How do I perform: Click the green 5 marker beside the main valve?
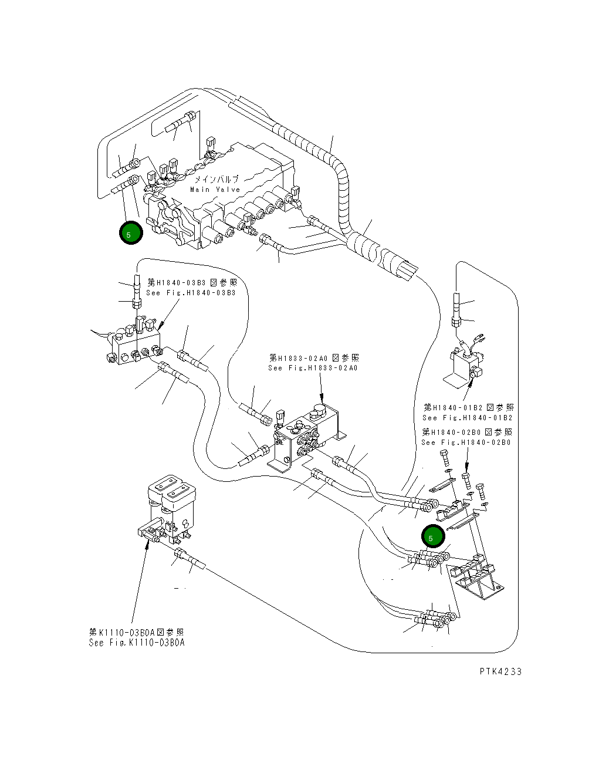click(x=131, y=233)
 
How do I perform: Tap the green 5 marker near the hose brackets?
click(x=433, y=536)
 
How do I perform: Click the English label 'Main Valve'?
click(x=215, y=190)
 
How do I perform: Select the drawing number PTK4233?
click(x=500, y=671)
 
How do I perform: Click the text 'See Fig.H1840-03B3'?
click(x=191, y=293)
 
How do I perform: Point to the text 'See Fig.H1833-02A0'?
click(x=313, y=368)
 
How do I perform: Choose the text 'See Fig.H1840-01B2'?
click(x=468, y=418)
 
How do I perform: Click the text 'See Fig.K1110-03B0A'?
click(x=137, y=643)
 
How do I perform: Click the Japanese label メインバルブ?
click(x=216, y=179)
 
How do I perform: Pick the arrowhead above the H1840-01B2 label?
click(x=471, y=383)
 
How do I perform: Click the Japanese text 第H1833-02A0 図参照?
click(x=314, y=358)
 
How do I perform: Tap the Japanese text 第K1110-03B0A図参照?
click(x=137, y=632)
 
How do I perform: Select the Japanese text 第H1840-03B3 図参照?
click(x=192, y=282)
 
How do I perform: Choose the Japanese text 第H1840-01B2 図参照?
click(x=469, y=407)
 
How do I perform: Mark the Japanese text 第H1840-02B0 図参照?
click(x=467, y=432)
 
